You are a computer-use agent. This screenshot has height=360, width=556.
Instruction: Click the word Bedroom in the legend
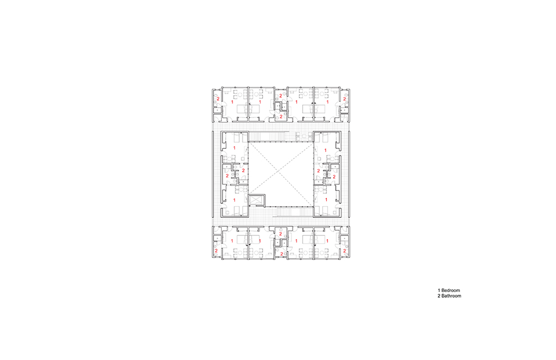click(450, 290)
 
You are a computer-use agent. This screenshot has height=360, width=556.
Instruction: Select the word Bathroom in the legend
click(452, 296)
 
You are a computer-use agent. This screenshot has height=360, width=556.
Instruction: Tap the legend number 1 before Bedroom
click(439, 290)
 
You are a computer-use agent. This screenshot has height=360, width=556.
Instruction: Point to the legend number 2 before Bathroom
click(439, 296)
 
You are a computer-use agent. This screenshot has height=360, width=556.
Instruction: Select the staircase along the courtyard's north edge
click(268, 136)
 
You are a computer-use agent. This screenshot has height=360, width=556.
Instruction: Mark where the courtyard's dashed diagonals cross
click(281, 174)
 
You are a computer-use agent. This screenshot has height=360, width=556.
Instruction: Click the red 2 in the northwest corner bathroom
click(218, 99)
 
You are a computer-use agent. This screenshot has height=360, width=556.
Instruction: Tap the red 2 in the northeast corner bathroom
click(344, 99)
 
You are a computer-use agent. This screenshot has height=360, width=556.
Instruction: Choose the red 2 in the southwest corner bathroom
click(216, 250)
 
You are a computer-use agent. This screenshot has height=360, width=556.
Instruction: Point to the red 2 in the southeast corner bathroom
click(344, 250)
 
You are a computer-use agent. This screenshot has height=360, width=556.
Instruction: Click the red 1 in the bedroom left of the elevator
click(234, 200)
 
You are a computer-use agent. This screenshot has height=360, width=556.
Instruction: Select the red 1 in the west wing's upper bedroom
click(234, 147)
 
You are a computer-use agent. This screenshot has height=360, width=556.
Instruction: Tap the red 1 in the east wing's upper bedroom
click(326, 151)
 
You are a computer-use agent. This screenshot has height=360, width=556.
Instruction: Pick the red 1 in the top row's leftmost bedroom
click(233, 102)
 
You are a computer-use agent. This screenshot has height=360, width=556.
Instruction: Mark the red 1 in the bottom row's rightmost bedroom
click(327, 241)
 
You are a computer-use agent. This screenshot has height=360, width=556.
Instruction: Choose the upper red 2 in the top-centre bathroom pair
click(280, 95)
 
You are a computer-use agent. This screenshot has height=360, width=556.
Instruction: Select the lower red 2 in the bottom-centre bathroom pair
click(281, 254)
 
